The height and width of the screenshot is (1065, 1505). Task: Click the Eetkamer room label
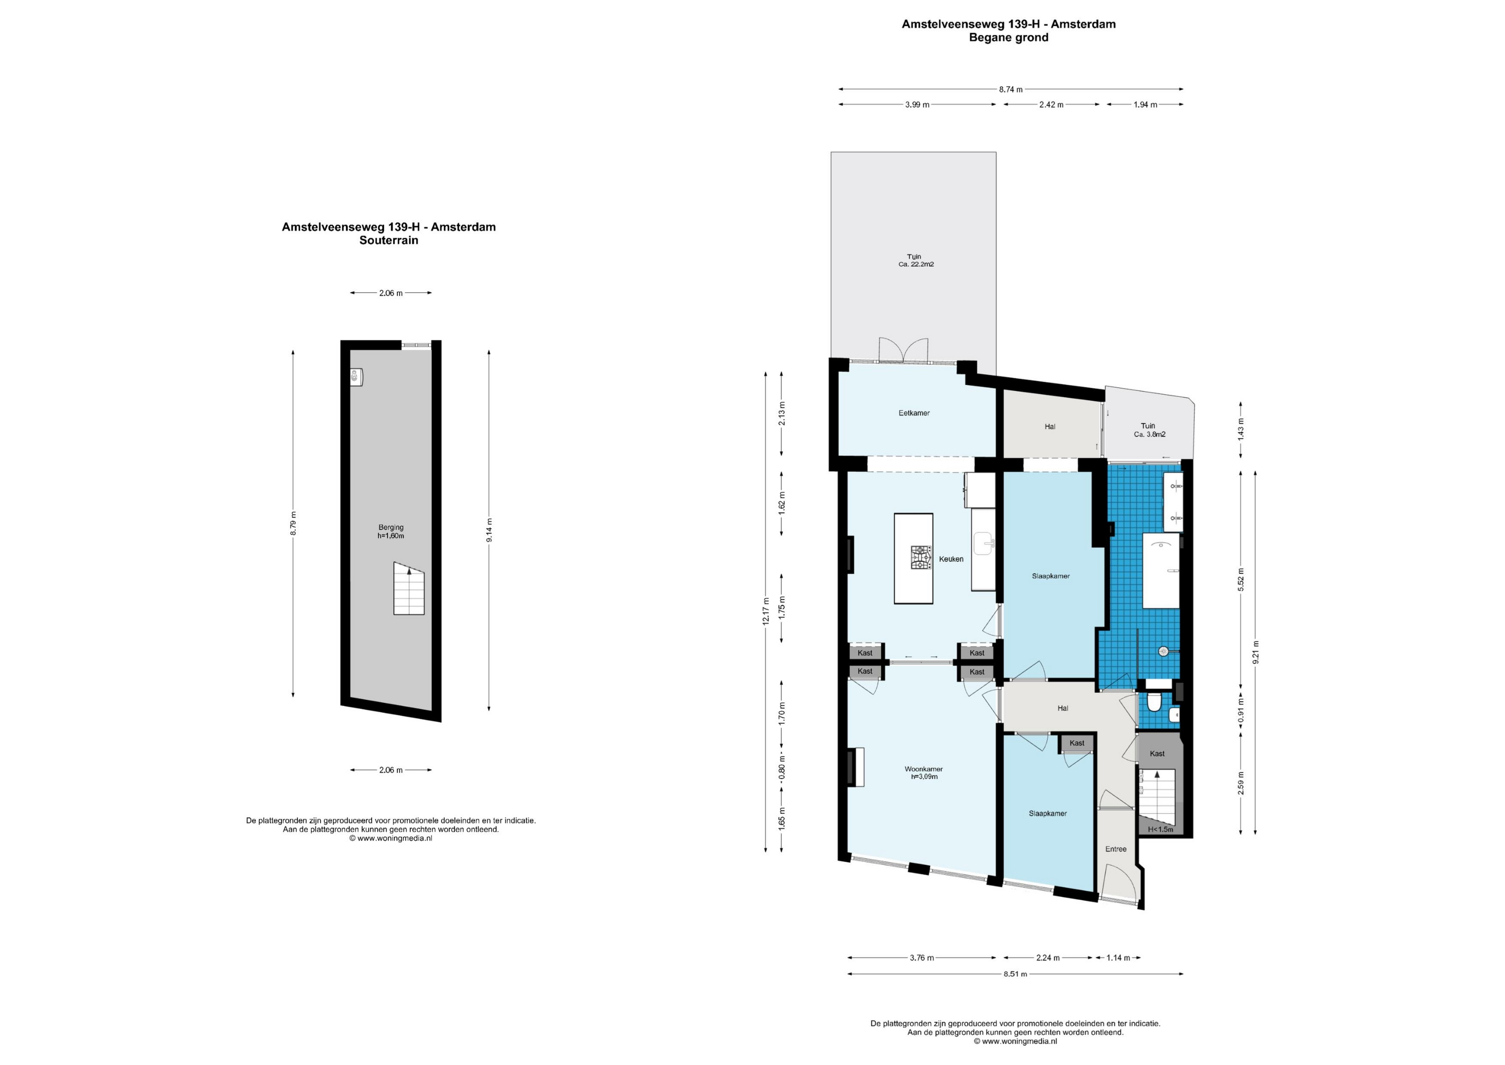click(914, 413)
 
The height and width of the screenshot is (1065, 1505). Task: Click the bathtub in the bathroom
click(1161, 571)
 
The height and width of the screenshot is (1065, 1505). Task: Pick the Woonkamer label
click(924, 769)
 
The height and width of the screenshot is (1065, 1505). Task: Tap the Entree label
click(1116, 849)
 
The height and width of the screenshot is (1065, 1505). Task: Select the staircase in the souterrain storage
click(409, 588)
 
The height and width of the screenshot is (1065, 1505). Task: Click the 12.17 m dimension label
click(766, 611)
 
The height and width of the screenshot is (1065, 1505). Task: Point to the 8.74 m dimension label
click(1011, 89)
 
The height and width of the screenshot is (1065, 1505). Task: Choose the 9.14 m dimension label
click(489, 530)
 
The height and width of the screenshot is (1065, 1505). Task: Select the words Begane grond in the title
click(1009, 37)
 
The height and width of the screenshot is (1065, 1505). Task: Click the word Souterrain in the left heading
click(389, 240)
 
